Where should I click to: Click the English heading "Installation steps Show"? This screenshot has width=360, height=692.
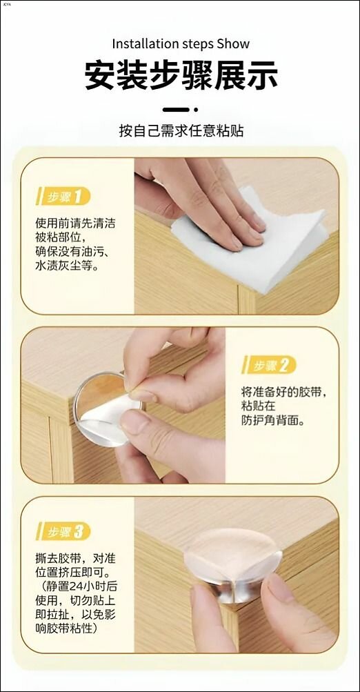[181, 44]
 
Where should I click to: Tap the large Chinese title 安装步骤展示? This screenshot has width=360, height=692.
[181, 75]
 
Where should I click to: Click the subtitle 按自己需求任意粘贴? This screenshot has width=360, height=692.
[181, 131]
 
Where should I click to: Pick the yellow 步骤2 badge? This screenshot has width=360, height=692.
[269, 365]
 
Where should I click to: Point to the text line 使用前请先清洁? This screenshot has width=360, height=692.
[75, 224]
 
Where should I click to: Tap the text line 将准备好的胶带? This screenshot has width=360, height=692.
[286, 391]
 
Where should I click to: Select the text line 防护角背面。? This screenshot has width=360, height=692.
[273, 421]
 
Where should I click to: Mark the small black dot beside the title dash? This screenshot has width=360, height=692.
[196, 110]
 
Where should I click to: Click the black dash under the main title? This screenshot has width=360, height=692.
[176, 110]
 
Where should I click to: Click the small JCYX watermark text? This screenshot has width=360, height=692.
[6, 4]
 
